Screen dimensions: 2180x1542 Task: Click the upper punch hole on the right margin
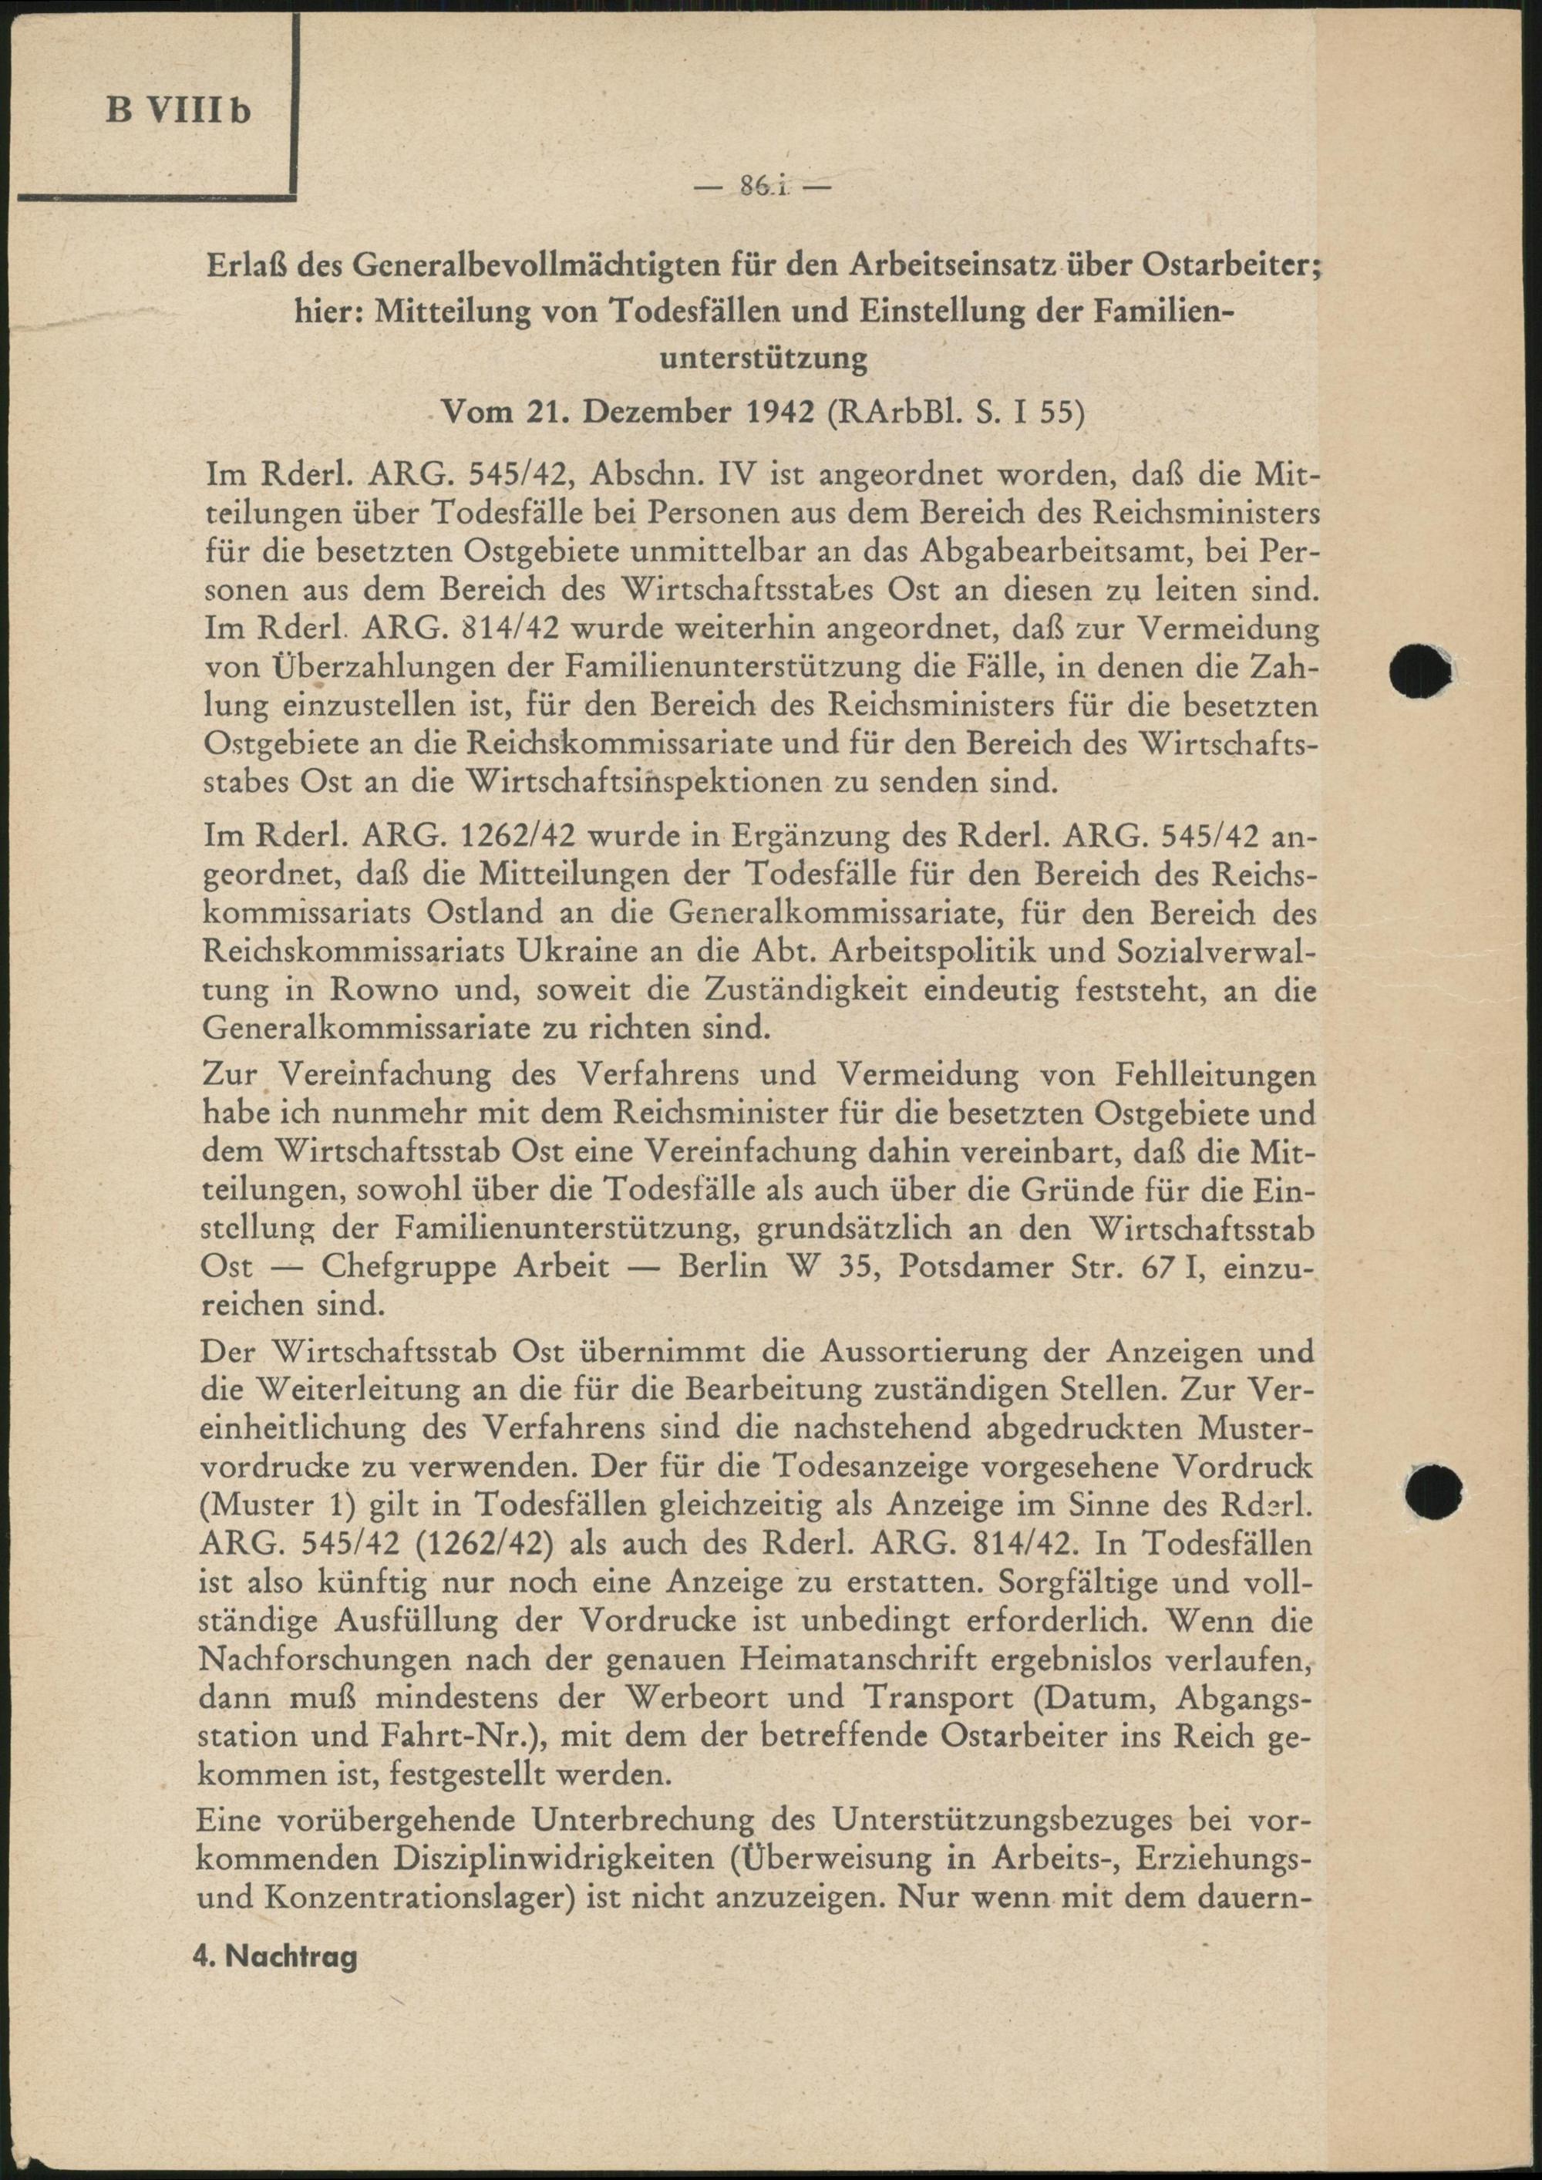click(1420, 672)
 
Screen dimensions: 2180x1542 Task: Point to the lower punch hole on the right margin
click(1434, 1489)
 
